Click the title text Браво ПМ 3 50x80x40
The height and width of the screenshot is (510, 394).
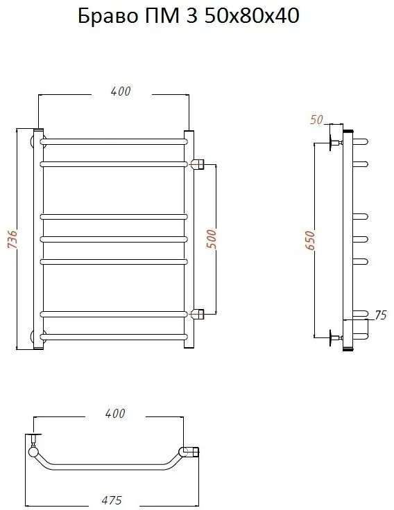pos(189,16)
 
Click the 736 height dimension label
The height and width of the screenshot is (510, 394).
pos(12,239)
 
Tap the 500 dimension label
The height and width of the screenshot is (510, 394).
pos(212,239)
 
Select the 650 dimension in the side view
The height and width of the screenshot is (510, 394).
pos(311,240)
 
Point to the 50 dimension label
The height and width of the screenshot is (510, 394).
pos(316,120)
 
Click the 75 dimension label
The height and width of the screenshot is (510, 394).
pos(380,315)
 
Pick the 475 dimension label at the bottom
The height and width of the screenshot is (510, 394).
pos(112,500)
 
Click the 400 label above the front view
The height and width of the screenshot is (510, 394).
pos(121,91)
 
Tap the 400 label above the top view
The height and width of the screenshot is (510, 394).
pos(115,414)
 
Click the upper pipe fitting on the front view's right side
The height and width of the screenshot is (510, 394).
pos(197,164)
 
